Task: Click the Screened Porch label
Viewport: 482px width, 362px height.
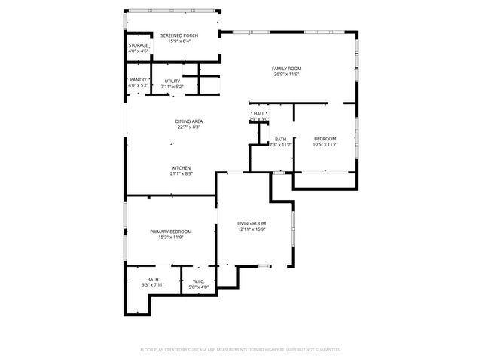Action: pyautogui.click(x=173, y=35)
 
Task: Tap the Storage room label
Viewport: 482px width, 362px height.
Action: pyautogui.click(x=138, y=46)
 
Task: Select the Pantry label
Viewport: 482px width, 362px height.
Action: pyautogui.click(x=138, y=80)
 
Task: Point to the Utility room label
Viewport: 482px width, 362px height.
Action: pyautogui.click(x=172, y=80)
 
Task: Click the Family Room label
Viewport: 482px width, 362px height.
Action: pyautogui.click(x=286, y=69)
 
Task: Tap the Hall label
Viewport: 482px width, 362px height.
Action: pyautogui.click(x=259, y=114)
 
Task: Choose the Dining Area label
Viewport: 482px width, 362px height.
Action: pyautogui.click(x=189, y=121)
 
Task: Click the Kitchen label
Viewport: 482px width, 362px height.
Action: pyautogui.click(x=181, y=167)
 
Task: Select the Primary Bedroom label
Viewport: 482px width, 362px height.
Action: pyautogui.click(x=170, y=232)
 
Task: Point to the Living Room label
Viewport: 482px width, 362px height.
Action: pyautogui.click(x=252, y=223)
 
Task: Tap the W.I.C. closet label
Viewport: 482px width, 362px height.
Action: pyautogui.click(x=199, y=282)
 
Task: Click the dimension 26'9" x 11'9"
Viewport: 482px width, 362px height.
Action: pyautogui.click(x=286, y=74)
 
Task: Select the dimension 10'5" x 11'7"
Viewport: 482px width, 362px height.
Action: pyautogui.click(x=325, y=144)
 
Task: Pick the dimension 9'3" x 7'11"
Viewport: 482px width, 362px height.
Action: pyautogui.click(x=153, y=285)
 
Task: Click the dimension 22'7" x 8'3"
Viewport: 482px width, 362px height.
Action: pyautogui.click(x=189, y=127)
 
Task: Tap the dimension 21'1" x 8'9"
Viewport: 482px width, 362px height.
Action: pyautogui.click(x=181, y=173)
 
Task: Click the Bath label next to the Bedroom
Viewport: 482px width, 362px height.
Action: pyautogui.click(x=280, y=139)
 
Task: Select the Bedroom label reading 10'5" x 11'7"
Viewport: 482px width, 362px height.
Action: pyautogui.click(x=325, y=139)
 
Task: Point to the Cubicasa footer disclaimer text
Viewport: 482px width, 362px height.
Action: pyautogui.click(x=241, y=349)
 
